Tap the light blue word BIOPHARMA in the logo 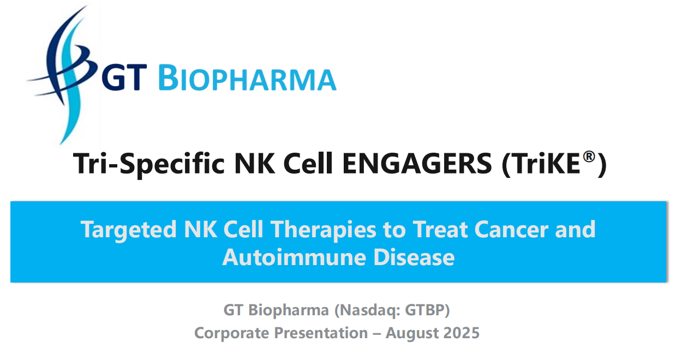click(248, 78)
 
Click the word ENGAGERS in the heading click(417, 164)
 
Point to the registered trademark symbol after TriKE click(589, 157)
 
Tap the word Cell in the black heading click(308, 164)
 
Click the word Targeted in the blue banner click(129, 230)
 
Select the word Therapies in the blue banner click(324, 230)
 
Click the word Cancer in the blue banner click(511, 230)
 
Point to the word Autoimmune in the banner click(294, 257)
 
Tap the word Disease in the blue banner click(414, 257)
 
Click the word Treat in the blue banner click(440, 230)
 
